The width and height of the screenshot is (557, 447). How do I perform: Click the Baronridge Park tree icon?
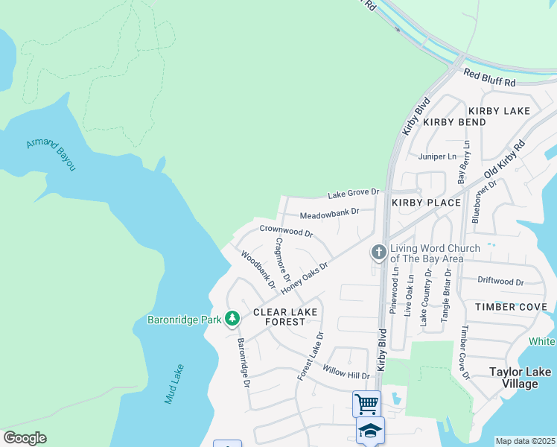click(232, 319)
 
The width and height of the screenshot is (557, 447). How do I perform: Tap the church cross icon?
click(379, 253)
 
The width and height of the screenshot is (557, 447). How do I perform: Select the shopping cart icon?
click(366, 404)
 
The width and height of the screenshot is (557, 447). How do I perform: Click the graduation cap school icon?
click(370, 431)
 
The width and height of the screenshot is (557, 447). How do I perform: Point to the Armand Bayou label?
click(51, 153)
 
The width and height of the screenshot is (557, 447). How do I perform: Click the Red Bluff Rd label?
click(488, 77)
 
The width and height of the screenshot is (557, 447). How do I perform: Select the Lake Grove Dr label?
click(354, 194)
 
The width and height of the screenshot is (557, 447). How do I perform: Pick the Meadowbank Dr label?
click(329, 214)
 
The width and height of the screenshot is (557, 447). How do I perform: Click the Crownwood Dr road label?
click(286, 231)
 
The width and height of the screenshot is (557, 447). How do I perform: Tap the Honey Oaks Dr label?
click(305, 276)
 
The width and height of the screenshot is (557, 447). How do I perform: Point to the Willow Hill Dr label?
click(346, 371)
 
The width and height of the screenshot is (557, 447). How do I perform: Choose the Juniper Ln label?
click(437, 156)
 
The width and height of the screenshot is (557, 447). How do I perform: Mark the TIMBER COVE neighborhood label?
click(511, 307)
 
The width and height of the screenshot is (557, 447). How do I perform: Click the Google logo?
click(25, 438)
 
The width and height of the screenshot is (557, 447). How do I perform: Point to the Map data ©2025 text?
click(525, 441)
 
